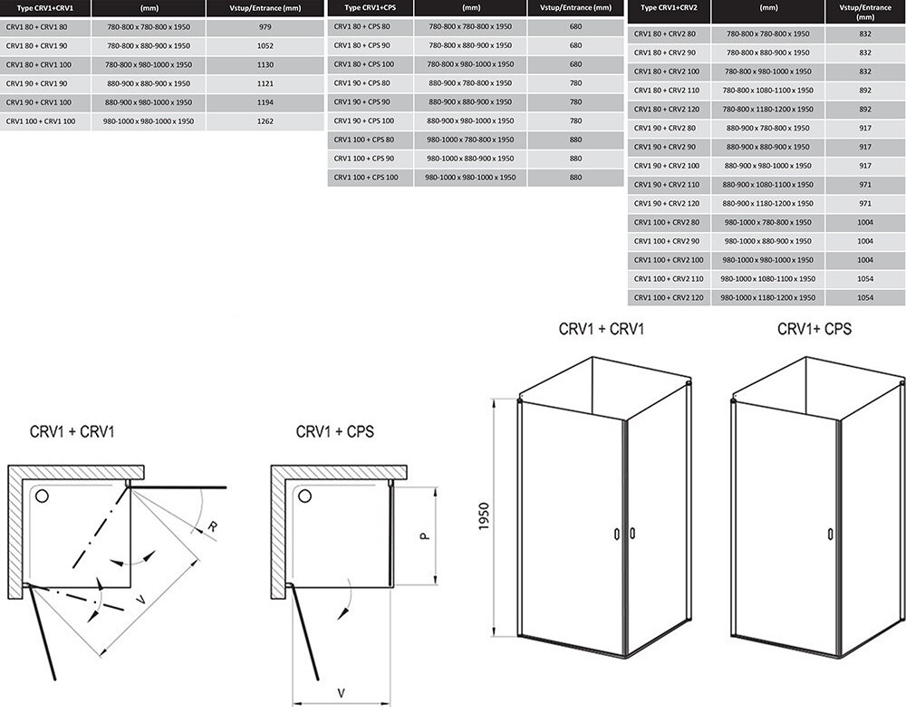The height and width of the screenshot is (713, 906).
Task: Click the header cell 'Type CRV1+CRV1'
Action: click(x=44, y=8)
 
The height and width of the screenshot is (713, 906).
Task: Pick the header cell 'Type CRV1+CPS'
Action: click(x=371, y=8)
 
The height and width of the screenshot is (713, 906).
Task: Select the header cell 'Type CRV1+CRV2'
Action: click(x=669, y=8)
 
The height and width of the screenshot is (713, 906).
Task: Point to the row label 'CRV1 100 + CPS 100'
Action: click(x=366, y=178)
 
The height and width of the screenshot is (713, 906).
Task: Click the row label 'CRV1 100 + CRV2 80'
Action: click(x=666, y=223)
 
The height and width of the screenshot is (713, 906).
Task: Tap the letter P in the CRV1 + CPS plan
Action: click(x=424, y=535)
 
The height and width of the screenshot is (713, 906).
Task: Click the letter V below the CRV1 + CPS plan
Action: click(x=341, y=692)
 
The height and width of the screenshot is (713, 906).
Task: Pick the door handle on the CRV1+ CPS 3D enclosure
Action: click(x=830, y=533)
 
